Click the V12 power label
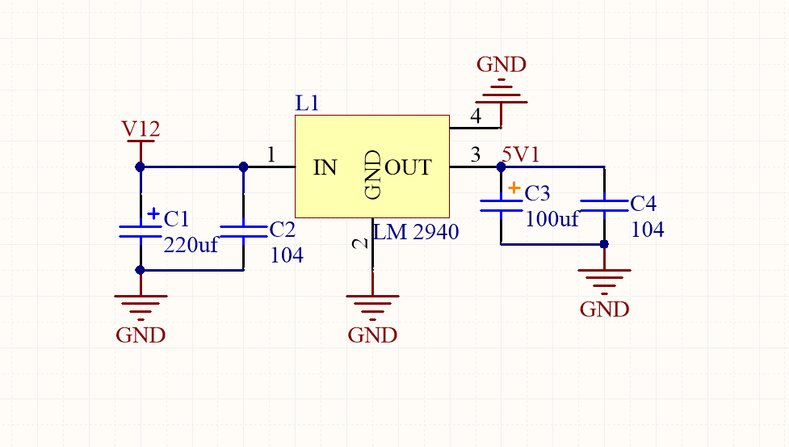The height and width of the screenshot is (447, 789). (141, 129)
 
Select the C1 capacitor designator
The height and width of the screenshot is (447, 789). (176, 219)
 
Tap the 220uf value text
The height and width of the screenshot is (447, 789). (191, 245)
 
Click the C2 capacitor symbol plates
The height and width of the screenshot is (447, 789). (243, 232)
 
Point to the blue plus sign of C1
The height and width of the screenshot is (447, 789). (153, 213)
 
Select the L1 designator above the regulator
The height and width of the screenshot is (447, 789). (308, 103)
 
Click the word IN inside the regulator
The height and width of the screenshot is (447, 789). (325, 168)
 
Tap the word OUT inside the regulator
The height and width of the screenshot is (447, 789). (408, 168)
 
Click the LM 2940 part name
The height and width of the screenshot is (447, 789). (417, 233)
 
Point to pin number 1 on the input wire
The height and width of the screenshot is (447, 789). (271, 154)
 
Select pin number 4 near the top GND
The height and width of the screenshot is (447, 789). (476, 116)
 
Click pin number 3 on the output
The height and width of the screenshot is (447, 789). (476, 154)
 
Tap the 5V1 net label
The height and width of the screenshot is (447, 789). (521, 154)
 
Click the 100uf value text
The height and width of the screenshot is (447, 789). (552, 218)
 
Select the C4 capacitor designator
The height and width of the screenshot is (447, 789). (643, 204)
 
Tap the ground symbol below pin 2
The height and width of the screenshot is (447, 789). (372, 306)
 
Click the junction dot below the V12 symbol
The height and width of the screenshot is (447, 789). (140, 167)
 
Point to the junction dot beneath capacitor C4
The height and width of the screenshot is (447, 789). (604, 243)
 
